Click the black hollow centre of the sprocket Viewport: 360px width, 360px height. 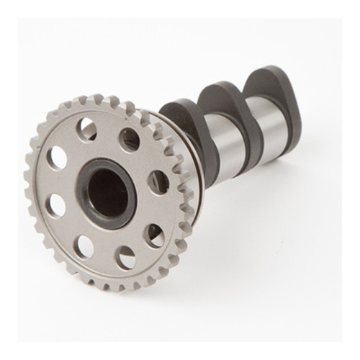coord(109,193)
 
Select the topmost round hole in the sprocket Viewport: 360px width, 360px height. coord(87,130)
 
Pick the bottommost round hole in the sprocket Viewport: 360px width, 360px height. coord(126,257)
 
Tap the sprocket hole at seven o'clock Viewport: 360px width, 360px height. coord(85,247)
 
